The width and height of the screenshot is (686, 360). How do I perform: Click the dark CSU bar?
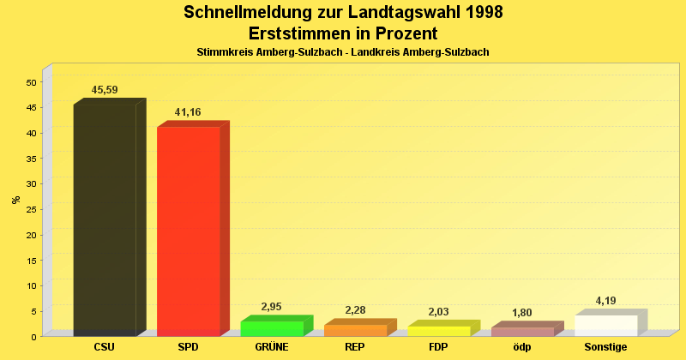(105, 219)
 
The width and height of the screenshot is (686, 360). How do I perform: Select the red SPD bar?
(188, 231)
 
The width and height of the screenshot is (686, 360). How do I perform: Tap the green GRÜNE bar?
(272, 328)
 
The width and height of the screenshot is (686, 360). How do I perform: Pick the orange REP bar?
(355, 330)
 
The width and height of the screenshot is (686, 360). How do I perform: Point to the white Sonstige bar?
(606, 325)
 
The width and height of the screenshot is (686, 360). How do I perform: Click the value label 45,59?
(105, 90)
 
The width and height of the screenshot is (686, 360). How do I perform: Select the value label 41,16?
(188, 112)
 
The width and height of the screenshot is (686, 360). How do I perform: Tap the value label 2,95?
(271, 307)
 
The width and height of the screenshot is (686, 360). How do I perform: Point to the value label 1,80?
(522, 313)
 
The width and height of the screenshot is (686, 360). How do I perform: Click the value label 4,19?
(606, 301)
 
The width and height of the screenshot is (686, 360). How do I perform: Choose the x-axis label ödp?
(522, 347)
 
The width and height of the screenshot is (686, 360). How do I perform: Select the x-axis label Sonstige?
(606, 347)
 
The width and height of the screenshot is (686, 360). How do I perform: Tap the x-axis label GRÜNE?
(272, 347)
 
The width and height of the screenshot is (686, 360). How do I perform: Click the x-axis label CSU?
(105, 347)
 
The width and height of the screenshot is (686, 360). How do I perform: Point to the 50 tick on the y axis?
(32, 82)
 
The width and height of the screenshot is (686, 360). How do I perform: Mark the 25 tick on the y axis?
(32, 209)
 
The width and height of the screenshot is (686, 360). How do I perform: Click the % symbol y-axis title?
(15, 200)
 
